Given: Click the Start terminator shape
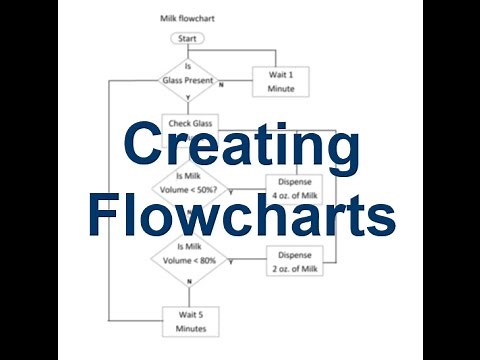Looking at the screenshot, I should click(186, 38).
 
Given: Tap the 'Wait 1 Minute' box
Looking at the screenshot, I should click(274, 79).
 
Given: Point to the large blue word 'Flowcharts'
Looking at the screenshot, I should click(240, 213).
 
